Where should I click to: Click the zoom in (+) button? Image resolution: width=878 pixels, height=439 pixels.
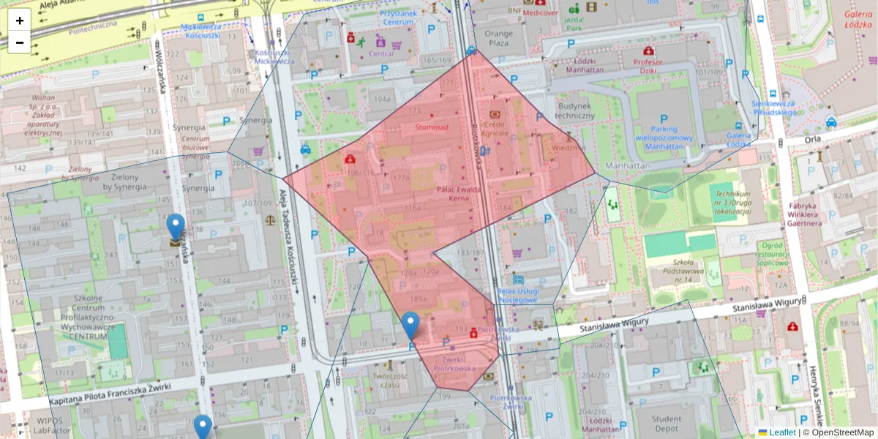[20, 20]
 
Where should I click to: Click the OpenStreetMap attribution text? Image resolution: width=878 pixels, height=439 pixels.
[841, 432]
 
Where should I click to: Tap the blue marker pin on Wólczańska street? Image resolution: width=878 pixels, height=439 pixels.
[175, 228]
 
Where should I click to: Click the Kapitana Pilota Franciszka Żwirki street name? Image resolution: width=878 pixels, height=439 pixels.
[110, 394]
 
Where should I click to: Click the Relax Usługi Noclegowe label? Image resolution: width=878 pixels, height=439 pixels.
[517, 295]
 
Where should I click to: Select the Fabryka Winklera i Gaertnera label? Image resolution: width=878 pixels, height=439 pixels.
[811, 211]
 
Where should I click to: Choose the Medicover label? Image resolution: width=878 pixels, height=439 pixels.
[540, 12]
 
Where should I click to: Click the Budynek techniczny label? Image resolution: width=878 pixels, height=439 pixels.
[574, 110]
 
